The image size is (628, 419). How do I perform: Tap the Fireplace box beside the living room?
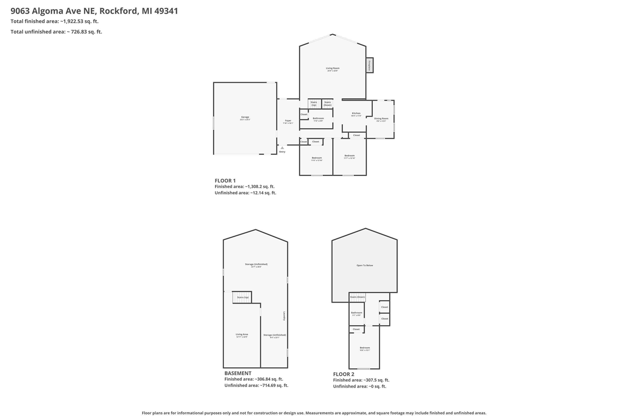[369, 65]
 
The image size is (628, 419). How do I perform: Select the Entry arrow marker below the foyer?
[282, 148]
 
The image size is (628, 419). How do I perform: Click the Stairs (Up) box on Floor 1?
[314, 104]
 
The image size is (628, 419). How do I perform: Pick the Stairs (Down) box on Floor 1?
[327, 104]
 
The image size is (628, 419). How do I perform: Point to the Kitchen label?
[356, 114]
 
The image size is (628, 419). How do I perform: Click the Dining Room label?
[381, 119]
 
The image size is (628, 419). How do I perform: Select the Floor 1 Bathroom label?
[318, 119]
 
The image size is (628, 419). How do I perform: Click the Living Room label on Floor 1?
[333, 69]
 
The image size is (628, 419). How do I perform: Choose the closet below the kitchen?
[357, 135]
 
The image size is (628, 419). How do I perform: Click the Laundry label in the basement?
[284, 316]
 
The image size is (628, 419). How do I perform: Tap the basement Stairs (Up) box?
[242, 297]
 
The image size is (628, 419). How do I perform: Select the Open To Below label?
[365, 265]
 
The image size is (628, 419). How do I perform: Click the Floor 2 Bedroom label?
[365, 348]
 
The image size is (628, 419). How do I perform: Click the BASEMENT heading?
[238, 373]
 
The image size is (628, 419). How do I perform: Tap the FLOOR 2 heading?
[343, 374]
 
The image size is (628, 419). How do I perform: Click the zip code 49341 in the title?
[166, 11]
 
